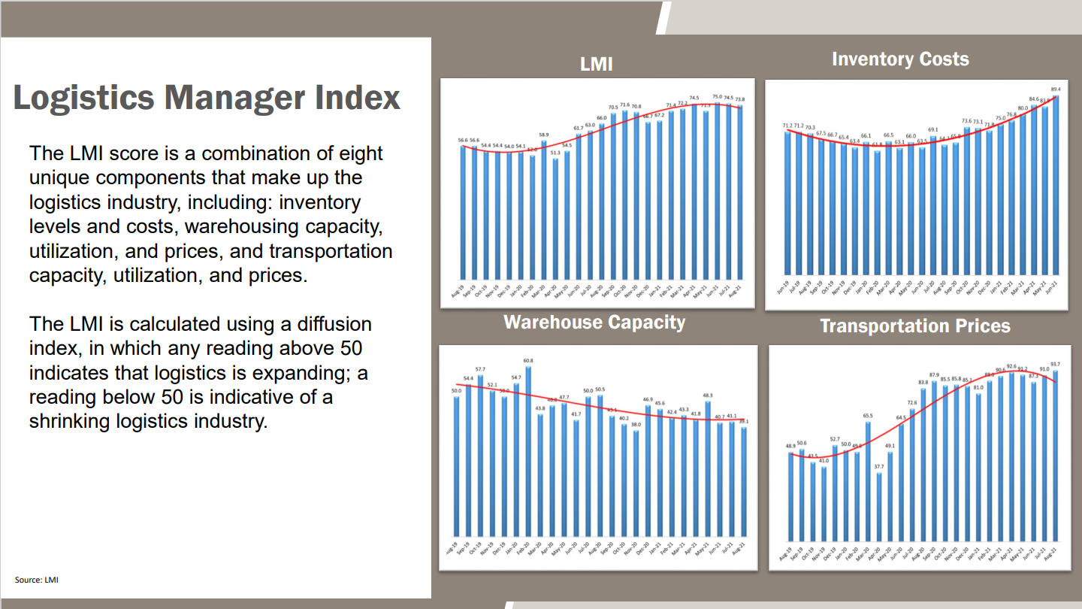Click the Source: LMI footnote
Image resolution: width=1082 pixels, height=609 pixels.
coord(37,580)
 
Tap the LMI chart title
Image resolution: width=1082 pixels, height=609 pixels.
coord(596,65)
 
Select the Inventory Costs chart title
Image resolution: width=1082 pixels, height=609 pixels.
coord(899,59)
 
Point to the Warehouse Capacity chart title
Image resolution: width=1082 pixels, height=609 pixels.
coord(594,323)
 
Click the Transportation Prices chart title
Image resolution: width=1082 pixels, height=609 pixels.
coord(914,326)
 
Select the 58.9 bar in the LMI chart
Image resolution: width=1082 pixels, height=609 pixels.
coord(544,211)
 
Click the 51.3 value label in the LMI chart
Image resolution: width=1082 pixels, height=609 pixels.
coord(555,153)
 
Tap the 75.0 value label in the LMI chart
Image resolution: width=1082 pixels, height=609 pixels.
coord(717,97)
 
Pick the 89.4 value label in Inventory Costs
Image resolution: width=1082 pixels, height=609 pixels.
coord(1055,89)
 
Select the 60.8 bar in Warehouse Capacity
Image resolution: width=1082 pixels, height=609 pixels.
coord(528,451)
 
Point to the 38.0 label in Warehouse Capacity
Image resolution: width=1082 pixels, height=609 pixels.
coord(636,425)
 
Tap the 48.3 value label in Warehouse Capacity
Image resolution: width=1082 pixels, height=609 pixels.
coord(708,395)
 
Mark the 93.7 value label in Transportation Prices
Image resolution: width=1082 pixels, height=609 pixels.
coord(1055,364)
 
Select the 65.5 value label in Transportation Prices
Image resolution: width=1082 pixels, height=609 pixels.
coord(868,415)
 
